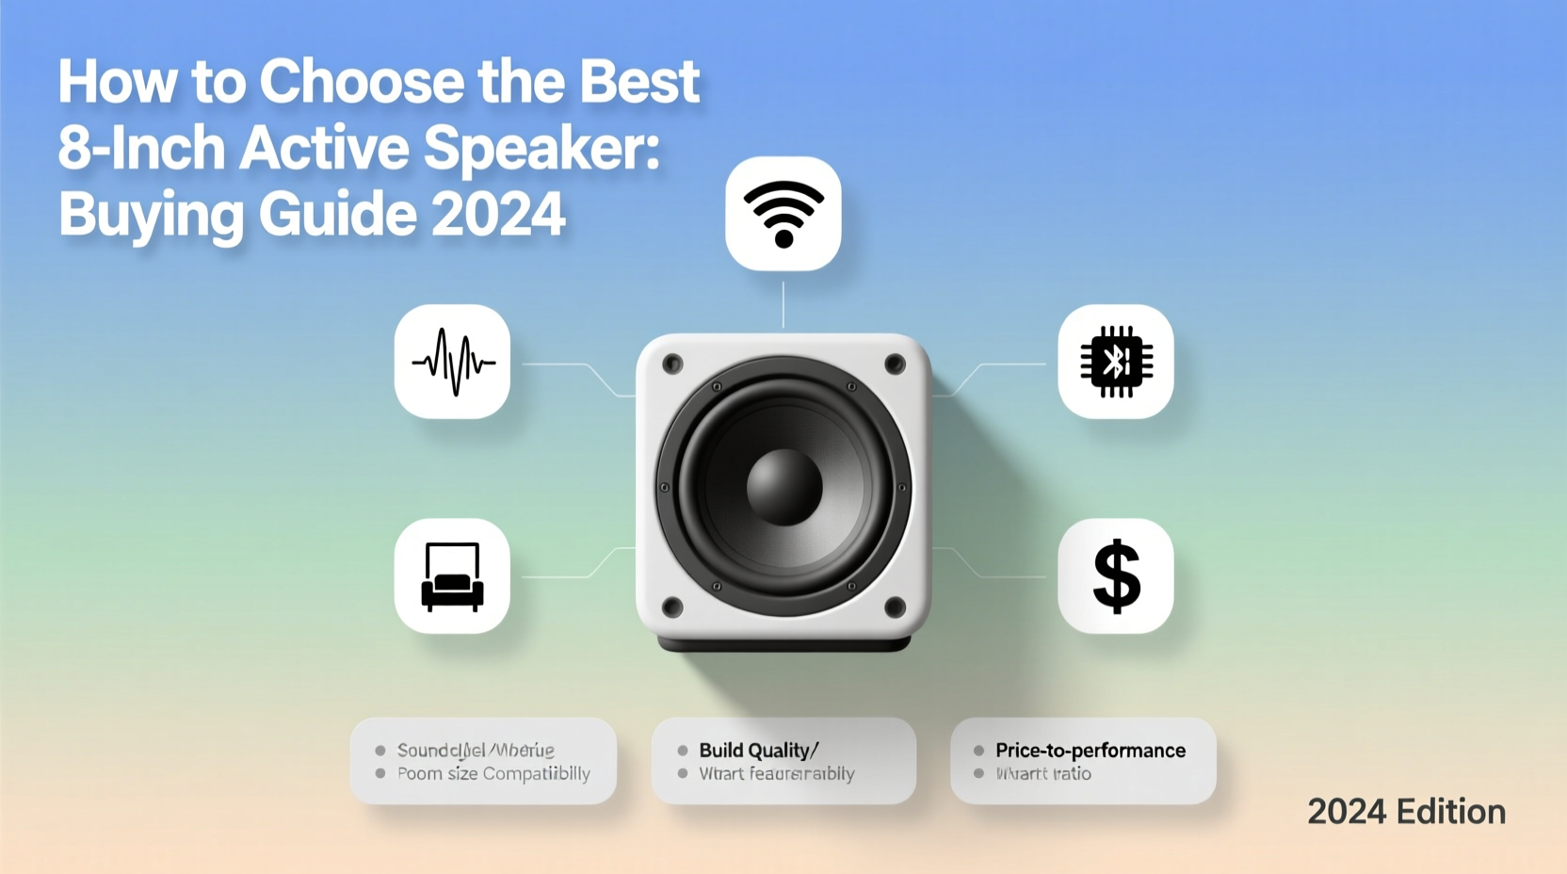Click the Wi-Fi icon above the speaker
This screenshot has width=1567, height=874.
783,214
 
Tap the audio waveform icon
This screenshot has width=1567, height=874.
453,362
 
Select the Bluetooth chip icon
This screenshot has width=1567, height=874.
1116,362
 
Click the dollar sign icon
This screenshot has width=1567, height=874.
1116,575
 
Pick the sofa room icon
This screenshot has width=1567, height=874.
453,575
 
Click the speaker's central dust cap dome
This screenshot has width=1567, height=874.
783,487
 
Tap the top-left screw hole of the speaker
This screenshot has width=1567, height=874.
672,364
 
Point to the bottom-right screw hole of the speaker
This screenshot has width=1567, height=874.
895,607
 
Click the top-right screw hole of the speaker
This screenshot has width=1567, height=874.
895,364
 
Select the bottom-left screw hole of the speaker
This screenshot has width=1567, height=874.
672,607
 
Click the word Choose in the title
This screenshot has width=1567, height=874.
362,83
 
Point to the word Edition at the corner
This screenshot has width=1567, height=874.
1451,812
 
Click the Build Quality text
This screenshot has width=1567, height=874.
754,751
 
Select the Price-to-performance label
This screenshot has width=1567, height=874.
1090,751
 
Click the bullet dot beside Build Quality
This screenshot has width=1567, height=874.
683,751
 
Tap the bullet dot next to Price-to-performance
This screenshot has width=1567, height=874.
978,751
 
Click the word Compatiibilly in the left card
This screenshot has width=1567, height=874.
536,774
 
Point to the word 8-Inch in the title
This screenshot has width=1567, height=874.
141,149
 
